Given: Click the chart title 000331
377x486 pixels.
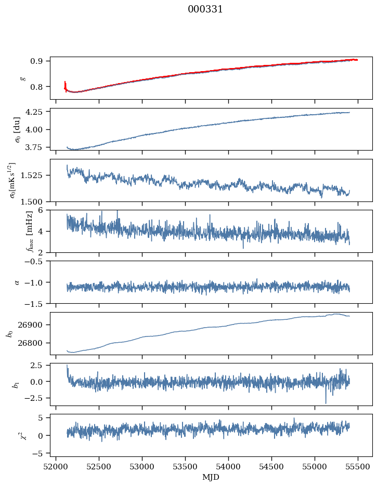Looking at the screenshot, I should (205, 9).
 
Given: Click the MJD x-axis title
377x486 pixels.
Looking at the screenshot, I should (211, 477).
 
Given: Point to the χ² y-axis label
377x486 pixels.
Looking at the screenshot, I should (15, 435).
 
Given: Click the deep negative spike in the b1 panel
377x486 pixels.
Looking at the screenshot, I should (326, 402).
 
